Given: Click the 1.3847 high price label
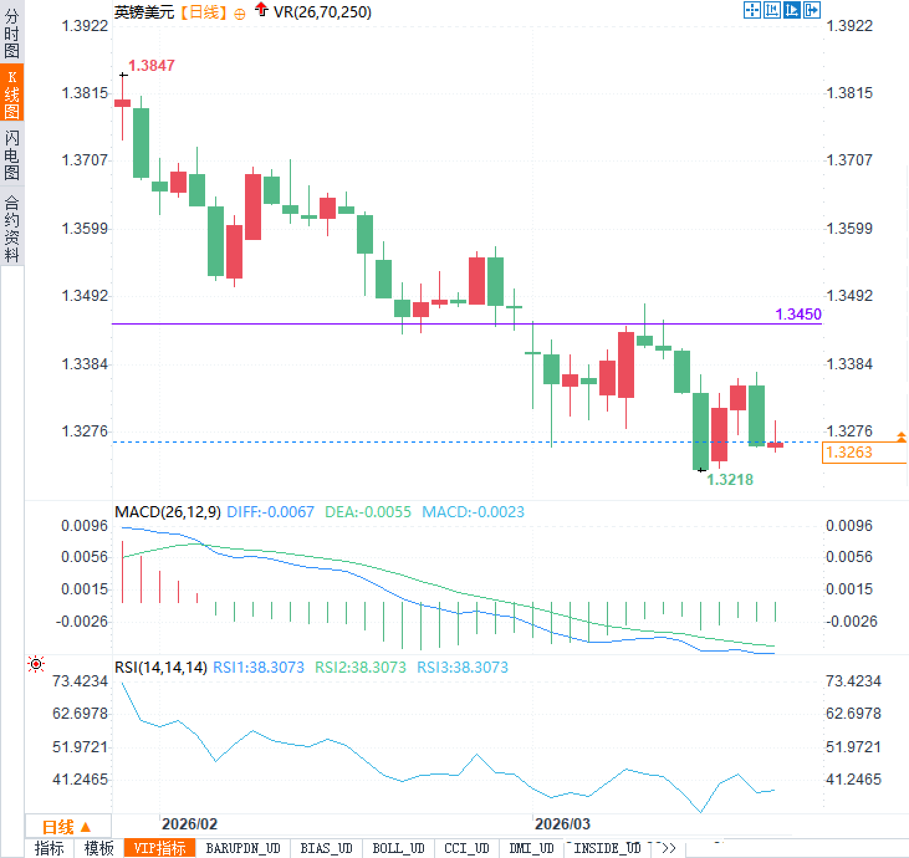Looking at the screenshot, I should pos(151,65).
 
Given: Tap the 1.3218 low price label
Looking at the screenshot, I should pos(730,479).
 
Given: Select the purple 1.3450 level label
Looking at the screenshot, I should pos(798,314).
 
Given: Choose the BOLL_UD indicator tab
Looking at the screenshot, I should pos(398,848).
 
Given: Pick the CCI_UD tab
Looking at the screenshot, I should pos(466,848).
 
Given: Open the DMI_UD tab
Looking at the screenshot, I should pos(531,848).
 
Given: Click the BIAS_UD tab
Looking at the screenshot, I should pos(326,848).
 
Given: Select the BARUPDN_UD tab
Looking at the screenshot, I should pos(242,848).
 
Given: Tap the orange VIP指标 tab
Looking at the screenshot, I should pos(160,848).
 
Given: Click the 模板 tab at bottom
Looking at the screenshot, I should pos(99,848).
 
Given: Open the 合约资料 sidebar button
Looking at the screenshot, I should pos(12,228).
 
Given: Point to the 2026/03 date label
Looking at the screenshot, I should pos(562,824).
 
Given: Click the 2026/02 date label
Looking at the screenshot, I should pos(189,824).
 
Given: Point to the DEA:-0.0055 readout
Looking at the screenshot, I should pos(368,512).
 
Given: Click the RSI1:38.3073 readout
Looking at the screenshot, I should pos(259,667).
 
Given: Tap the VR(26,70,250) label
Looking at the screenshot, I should pos(322,12).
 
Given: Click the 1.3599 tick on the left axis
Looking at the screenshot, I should pos(84,228).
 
